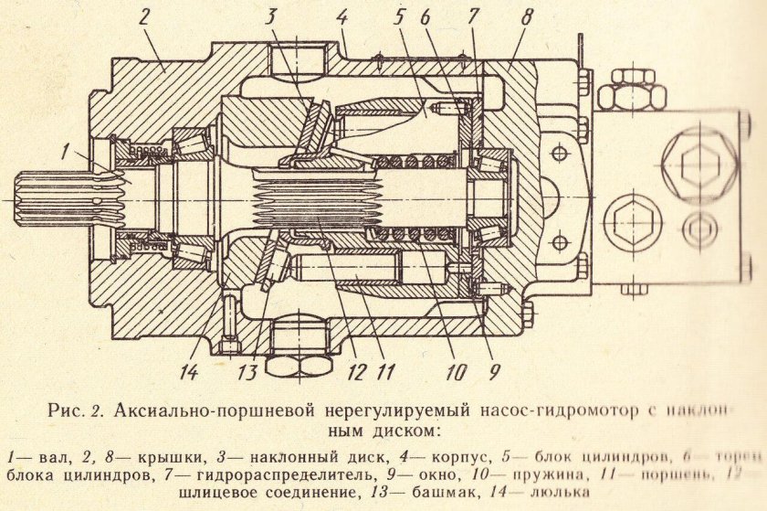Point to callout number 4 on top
pos(342,16)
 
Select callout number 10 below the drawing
pos(456,372)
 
